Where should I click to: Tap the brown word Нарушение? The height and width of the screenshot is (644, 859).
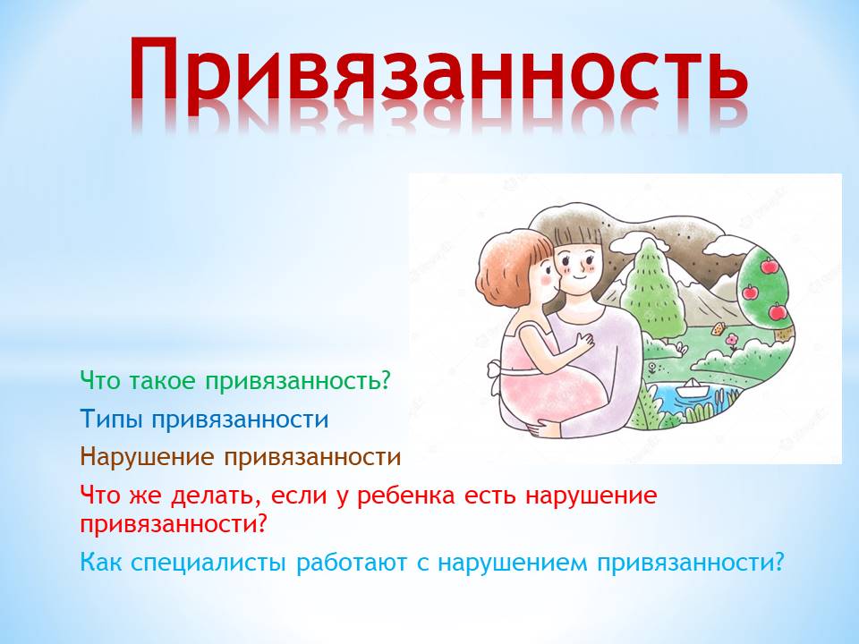147,457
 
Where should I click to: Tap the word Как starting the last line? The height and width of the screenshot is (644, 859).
101,563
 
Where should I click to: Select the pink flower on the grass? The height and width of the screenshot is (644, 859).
733,341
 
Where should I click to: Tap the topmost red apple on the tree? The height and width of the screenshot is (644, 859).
770,266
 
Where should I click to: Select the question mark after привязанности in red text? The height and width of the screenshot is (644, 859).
260,524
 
